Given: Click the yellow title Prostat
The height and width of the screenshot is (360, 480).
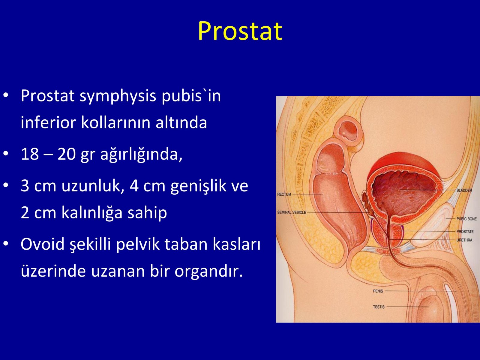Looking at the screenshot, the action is click(240, 31).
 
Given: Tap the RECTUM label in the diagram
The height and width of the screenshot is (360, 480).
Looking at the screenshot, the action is click(284, 194).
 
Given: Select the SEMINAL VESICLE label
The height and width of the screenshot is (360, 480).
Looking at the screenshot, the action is click(292, 212).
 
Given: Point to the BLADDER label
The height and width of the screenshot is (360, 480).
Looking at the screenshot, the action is click(464, 190).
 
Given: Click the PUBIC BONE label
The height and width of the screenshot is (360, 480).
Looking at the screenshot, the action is click(466, 219).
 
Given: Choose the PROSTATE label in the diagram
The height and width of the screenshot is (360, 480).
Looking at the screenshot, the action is click(465, 232).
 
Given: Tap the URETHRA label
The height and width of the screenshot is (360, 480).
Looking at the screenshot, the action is click(464, 240).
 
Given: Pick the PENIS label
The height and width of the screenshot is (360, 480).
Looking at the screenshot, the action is click(378, 291).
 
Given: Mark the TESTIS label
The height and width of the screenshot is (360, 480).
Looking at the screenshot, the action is click(379, 307).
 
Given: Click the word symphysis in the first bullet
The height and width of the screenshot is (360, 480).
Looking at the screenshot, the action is click(118, 96).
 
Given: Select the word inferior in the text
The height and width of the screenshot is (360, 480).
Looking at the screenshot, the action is click(48, 122).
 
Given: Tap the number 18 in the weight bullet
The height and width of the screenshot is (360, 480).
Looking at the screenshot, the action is click(30, 154).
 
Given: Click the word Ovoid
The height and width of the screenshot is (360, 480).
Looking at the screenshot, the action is click(43, 244).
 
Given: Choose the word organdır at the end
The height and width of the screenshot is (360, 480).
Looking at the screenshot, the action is click(208, 271).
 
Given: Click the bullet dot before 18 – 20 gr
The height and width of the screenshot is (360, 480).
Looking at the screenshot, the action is click(6, 153).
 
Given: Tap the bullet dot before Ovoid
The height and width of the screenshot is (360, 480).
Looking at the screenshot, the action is click(6, 243).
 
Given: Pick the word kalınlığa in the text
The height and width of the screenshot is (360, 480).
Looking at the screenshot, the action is click(92, 213).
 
